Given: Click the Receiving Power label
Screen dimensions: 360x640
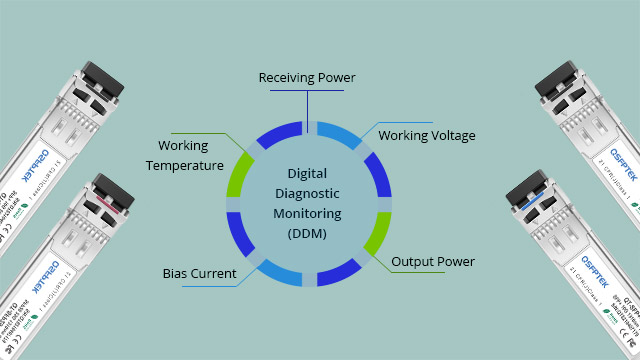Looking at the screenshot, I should pyautogui.click(x=307, y=78).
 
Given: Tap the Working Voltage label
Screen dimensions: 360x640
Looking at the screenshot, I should pyautogui.click(x=427, y=135).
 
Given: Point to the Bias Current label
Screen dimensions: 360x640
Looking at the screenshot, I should pyautogui.click(x=200, y=273).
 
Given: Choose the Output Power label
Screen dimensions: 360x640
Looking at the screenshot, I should pyautogui.click(x=433, y=262).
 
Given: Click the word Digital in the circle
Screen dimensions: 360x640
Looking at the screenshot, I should pyautogui.click(x=307, y=173).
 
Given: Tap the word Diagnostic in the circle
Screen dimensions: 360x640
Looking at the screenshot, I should pyautogui.click(x=307, y=194).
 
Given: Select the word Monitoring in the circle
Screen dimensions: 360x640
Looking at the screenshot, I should pyautogui.click(x=307, y=214).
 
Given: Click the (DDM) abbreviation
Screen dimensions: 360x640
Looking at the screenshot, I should pyautogui.click(x=307, y=234).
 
